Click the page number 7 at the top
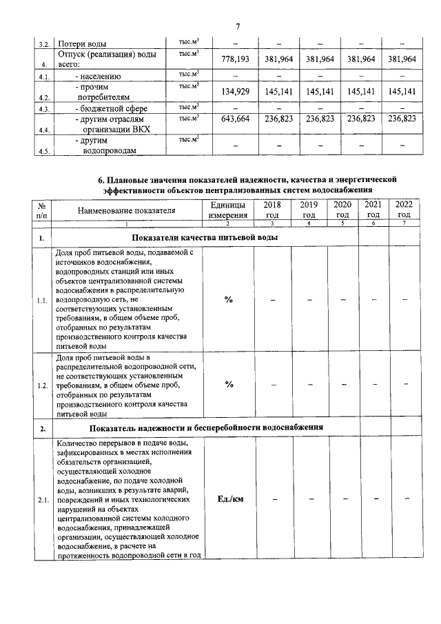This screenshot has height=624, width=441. click(236, 27)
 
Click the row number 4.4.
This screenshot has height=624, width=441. click(45, 129)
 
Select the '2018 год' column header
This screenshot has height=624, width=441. click(272, 210)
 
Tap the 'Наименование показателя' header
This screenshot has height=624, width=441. click(127, 210)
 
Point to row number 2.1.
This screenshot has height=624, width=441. click(42, 499)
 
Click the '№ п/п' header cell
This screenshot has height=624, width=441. click(42, 210)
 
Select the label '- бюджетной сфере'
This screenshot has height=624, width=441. click(111, 108)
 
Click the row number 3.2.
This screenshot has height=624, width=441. click(43, 44)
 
